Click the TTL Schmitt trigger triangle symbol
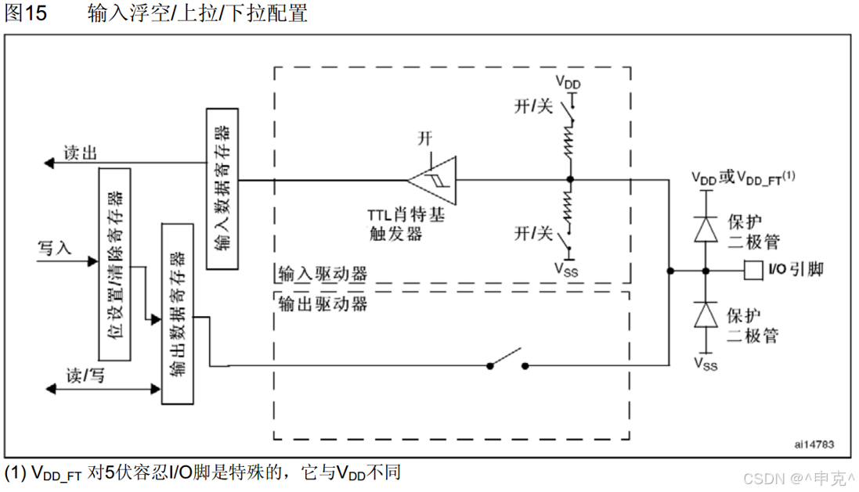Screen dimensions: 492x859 [432, 180]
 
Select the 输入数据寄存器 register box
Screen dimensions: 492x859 [222, 188]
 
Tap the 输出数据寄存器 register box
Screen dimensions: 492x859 [177, 314]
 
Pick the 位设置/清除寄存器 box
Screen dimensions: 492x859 [114, 263]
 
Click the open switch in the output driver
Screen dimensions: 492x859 [507, 360]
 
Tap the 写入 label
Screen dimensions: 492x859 [55, 249]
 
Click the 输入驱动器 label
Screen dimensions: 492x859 [322, 275]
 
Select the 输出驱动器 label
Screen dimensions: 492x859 [322, 304]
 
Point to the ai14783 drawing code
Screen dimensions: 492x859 [814, 444]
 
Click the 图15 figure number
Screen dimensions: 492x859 [27, 14]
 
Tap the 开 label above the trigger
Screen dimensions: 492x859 [424, 138]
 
